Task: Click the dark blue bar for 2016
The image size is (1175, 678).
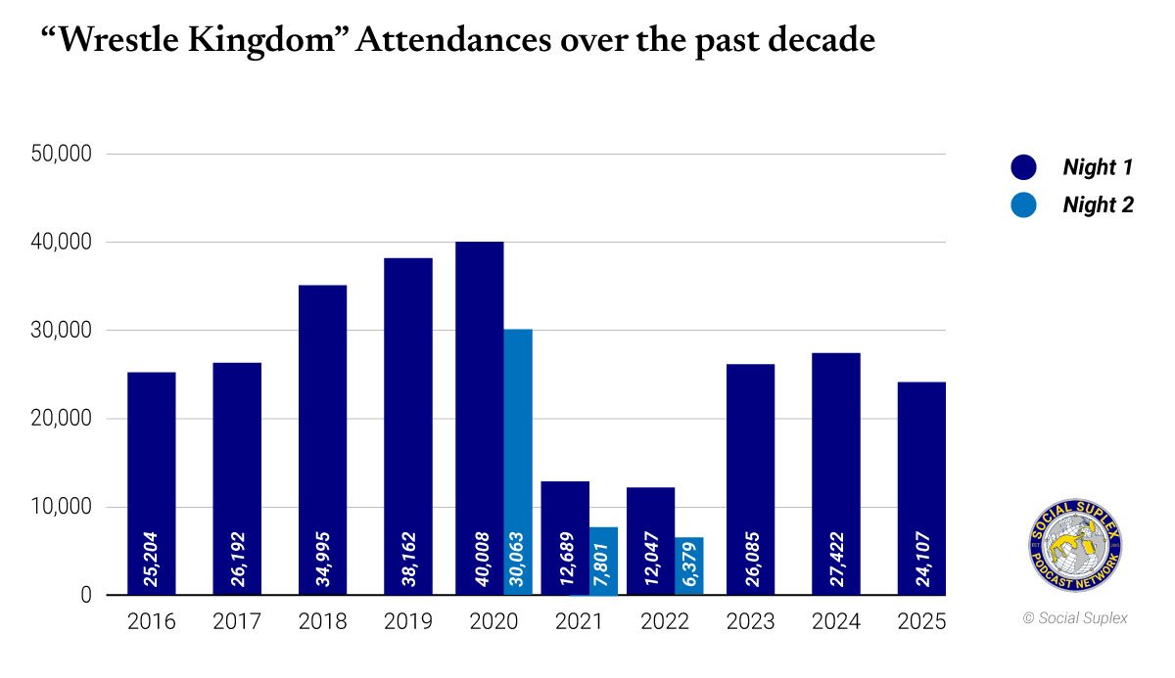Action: point(152,483)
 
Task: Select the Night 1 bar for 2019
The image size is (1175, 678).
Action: point(408,426)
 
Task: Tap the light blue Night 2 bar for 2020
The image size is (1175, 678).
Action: point(518,462)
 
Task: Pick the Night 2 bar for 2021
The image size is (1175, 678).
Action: point(603,561)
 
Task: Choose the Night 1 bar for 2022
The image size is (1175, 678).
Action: point(650,541)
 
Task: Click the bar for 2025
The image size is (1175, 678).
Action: point(921,488)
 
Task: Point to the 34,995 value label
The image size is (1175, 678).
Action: point(323,559)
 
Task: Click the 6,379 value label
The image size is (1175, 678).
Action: point(689,565)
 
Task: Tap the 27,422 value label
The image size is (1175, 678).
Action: point(836,559)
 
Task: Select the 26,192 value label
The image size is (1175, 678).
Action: point(238,559)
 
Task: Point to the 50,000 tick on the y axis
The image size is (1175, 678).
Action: point(62,154)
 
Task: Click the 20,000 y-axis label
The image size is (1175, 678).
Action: point(62,418)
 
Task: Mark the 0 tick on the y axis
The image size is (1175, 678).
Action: point(86,595)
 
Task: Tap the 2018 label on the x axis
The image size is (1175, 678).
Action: point(322,621)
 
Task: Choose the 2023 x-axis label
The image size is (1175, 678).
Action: point(751,621)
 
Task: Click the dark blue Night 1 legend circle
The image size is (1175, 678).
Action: point(1023,167)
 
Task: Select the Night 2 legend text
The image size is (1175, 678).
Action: point(1099,204)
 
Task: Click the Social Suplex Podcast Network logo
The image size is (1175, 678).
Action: point(1075,545)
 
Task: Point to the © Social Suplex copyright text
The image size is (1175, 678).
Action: point(1075,618)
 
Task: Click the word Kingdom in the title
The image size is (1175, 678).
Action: point(261,41)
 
